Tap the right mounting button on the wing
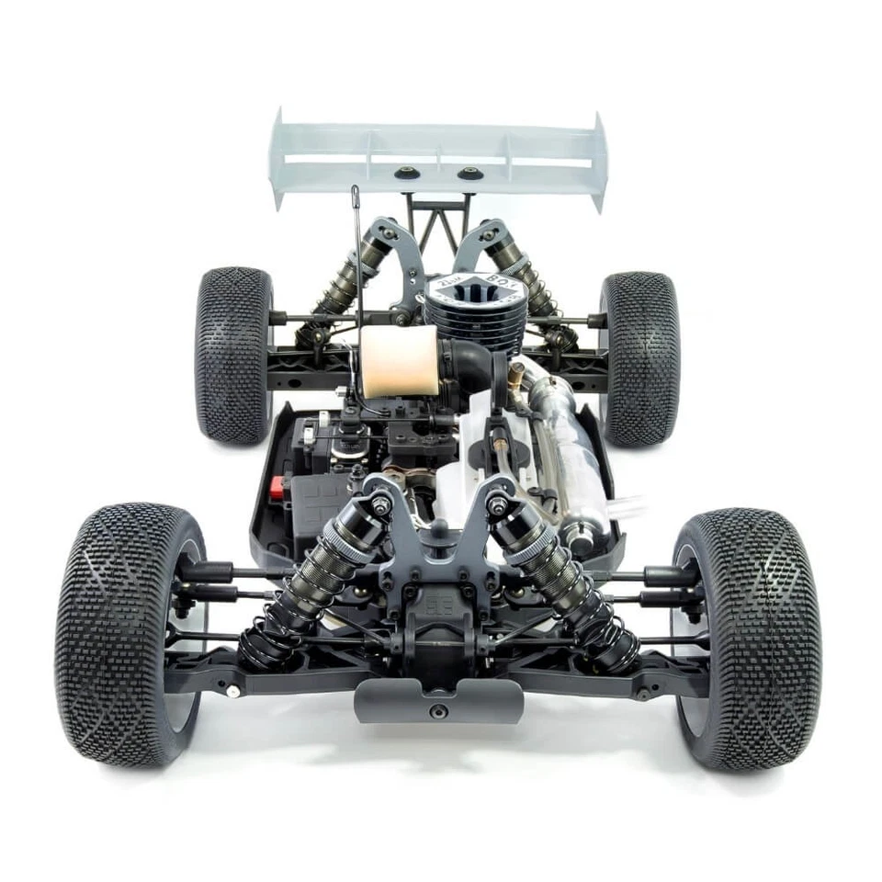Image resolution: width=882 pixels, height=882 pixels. (469, 172)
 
